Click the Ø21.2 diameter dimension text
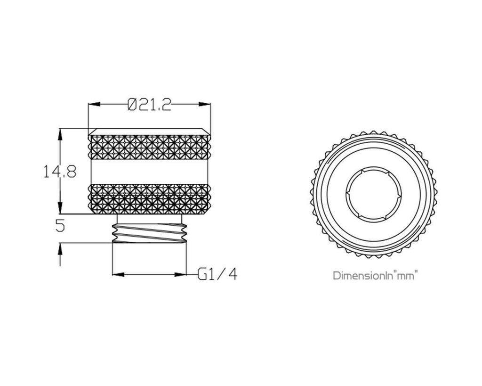click(x=149, y=105)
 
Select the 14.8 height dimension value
click(x=60, y=172)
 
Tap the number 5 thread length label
click(x=60, y=226)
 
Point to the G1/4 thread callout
click(x=217, y=274)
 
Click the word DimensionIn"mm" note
click(x=376, y=275)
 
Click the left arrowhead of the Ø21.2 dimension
click(x=94, y=104)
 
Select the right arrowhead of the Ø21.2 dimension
click(x=205, y=104)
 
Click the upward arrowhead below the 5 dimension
click(x=60, y=249)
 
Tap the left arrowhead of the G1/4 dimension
click(x=119, y=274)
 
